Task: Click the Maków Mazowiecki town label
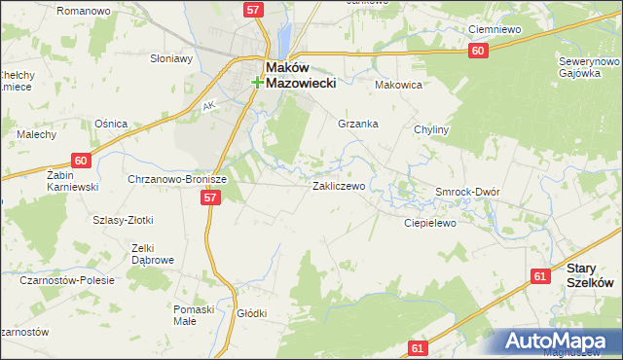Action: point(301,75)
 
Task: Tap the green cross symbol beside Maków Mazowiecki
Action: point(257,83)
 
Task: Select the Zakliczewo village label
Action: point(338,185)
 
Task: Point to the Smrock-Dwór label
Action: point(467,192)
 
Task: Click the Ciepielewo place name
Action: point(430,223)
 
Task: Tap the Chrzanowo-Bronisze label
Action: point(177,180)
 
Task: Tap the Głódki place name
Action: point(252,313)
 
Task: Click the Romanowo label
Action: point(83,10)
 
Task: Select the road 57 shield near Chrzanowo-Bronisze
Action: point(210,198)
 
